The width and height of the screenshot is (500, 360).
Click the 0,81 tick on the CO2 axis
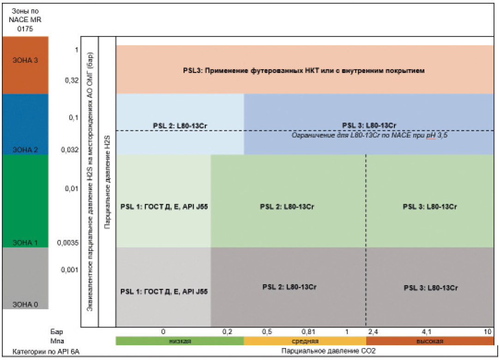point(308,331)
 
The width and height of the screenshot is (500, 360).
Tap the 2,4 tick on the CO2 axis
point(373,331)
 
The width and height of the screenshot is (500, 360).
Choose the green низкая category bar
point(180,341)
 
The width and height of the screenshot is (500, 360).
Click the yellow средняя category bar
point(304,341)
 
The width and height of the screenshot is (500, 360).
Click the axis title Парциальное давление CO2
point(328,351)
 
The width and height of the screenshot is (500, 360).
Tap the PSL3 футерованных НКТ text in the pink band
point(303,71)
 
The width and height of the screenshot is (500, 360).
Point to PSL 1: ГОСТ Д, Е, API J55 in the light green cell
point(163,207)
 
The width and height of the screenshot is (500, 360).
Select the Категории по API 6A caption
point(42,351)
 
